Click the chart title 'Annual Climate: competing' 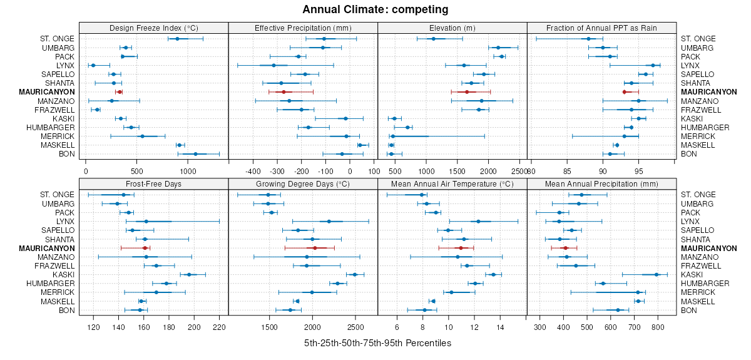(375, 9)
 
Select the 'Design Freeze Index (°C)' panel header (153, 28)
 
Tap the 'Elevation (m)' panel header (452, 28)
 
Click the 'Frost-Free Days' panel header (153, 184)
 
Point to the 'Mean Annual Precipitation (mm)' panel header (601, 184)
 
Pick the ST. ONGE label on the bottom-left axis (56, 195)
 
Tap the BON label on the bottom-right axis (688, 310)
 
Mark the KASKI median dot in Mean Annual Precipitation (656, 274)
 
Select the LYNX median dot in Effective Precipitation (273, 65)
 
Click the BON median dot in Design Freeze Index (195, 154)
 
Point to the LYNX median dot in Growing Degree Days (329, 221)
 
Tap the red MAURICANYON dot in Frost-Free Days (145, 248)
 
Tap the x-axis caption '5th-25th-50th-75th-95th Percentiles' (377, 343)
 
